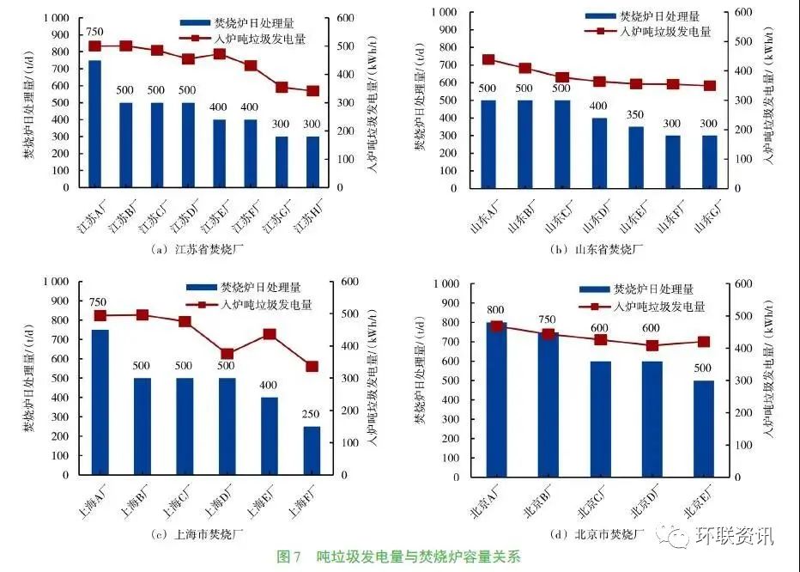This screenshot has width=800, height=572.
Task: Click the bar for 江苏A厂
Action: (x=94, y=124)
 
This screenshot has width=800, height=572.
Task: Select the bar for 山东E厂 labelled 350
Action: (x=636, y=157)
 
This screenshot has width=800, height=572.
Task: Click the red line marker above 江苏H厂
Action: (x=312, y=91)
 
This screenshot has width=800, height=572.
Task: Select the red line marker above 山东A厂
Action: (x=488, y=60)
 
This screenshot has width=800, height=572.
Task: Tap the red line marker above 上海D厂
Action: (x=227, y=354)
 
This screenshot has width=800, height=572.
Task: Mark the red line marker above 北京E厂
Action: (x=703, y=342)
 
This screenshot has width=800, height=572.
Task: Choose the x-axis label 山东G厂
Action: (x=706, y=219)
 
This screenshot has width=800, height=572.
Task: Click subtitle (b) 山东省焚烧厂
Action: (x=597, y=249)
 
